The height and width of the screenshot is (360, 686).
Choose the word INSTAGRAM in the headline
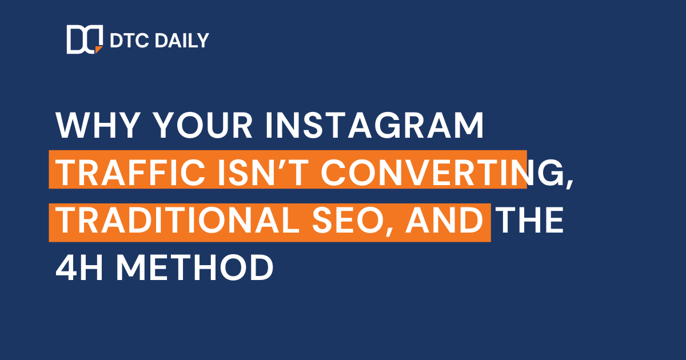click(374, 125)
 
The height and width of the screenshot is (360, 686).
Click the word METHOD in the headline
click(194, 268)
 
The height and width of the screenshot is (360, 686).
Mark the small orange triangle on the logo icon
click(99, 50)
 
